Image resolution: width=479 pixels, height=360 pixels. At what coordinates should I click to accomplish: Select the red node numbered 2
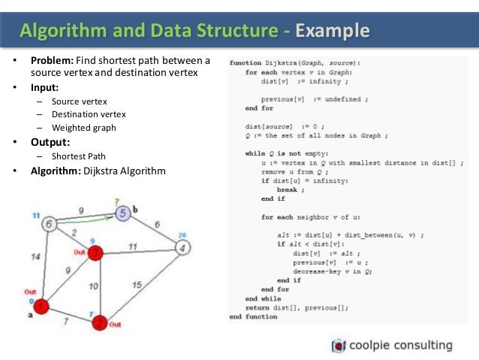click(98, 323)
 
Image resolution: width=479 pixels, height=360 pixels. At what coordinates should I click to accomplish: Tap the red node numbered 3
click(95, 253)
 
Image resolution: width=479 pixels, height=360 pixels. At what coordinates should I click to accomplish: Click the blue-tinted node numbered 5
click(123, 213)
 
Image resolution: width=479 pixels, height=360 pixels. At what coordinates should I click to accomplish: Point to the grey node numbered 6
click(50, 224)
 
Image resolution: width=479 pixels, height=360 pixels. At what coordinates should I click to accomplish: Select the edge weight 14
click(37, 257)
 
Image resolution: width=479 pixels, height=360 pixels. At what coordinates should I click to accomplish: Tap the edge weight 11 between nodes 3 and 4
click(132, 245)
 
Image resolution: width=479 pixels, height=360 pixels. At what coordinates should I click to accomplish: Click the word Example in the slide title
click(333, 31)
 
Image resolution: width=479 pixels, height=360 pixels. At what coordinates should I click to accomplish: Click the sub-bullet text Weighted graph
click(83, 127)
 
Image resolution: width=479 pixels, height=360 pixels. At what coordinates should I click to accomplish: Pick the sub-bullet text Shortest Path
click(79, 156)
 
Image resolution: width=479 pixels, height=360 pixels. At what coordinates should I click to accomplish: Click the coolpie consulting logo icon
click(339, 346)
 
